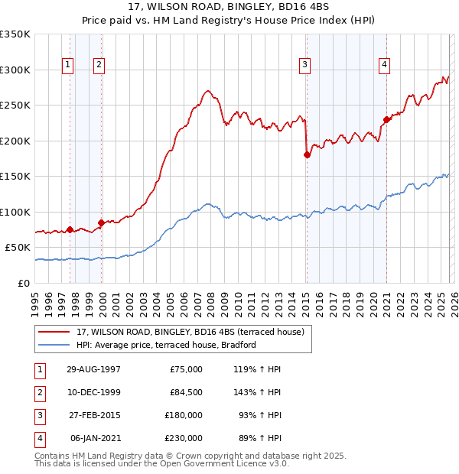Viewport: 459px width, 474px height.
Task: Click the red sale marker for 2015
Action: coord(308,154)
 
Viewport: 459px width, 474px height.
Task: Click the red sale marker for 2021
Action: coord(386,119)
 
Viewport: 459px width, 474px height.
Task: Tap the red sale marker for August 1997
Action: coord(70,229)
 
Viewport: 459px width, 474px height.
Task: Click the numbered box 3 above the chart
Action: coord(304,65)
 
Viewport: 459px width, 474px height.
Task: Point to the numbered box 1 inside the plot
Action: coord(68,65)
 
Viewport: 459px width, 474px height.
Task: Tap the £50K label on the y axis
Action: coord(18,248)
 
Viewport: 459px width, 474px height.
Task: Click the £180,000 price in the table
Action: coord(184,415)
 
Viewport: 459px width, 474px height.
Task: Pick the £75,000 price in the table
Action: coord(186,369)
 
